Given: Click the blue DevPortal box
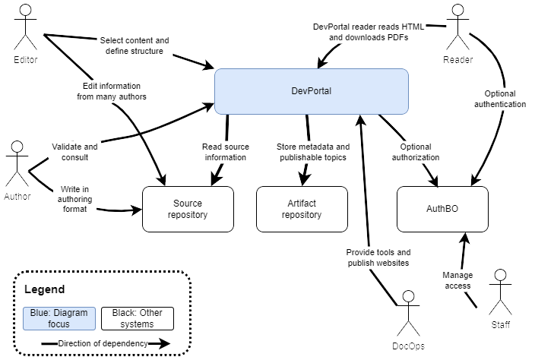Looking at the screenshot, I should [x=312, y=91].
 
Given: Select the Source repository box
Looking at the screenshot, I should [x=188, y=209].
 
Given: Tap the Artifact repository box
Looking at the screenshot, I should [x=302, y=209].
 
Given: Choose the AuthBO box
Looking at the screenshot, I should [x=442, y=209].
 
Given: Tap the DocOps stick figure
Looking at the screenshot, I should [x=409, y=313].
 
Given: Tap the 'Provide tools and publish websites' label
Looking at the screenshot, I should [x=378, y=257].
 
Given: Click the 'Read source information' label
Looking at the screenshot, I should [x=224, y=152].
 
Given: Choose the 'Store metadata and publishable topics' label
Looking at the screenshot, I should [x=312, y=152].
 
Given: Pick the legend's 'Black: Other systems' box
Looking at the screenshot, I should [x=137, y=319].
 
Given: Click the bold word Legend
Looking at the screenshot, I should [x=45, y=289].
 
